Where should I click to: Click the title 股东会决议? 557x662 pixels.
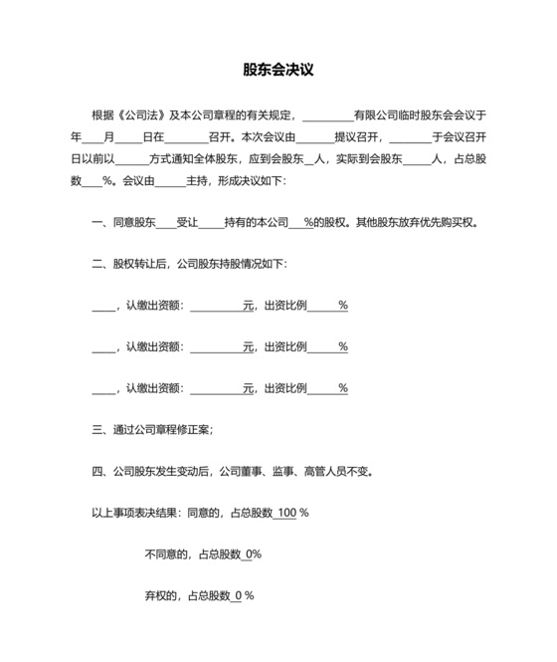pyautogui.click(x=278, y=71)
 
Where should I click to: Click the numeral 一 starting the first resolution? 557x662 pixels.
pyautogui.click(x=95, y=223)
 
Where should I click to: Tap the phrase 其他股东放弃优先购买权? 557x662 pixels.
pyautogui.click(x=426, y=223)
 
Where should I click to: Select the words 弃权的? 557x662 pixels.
pyautogui.click(x=161, y=596)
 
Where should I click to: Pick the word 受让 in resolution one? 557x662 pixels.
pyautogui.click(x=186, y=223)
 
